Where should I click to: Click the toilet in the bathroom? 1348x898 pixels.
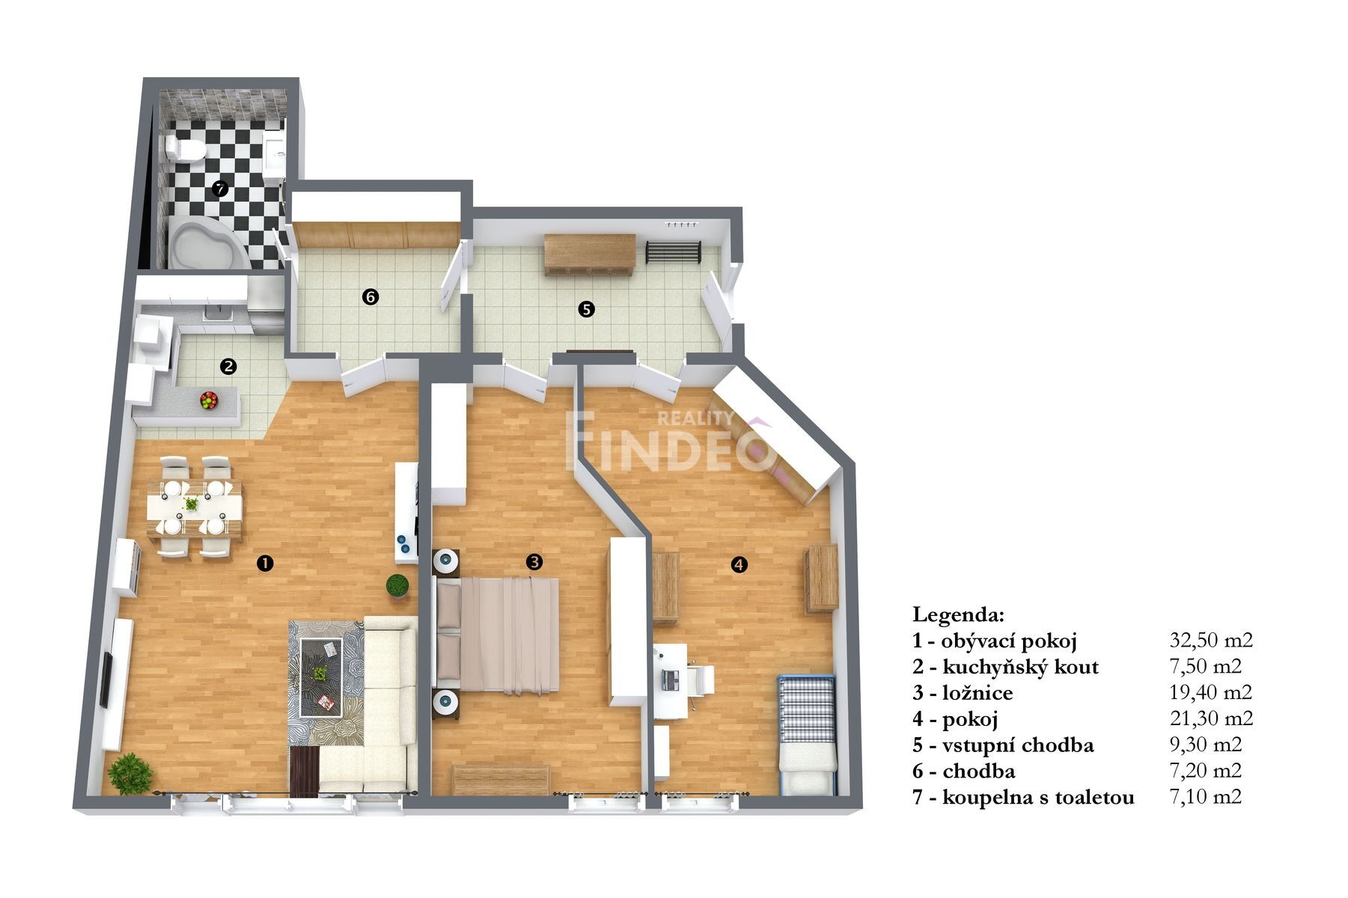[x=185, y=150]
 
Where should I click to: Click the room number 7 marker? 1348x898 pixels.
[x=219, y=189]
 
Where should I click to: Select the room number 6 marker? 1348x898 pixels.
[x=370, y=297]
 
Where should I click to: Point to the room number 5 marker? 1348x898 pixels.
[x=586, y=308]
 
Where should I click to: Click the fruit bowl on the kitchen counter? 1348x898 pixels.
[x=209, y=400]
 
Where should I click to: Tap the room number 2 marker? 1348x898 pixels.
[x=228, y=367]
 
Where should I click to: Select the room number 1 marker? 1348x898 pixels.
[x=263, y=563]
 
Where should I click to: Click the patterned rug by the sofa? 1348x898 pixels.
[x=326, y=677]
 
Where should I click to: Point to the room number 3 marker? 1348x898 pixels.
[x=534, y=561]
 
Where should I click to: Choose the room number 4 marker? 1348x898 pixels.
[x=739, y=565]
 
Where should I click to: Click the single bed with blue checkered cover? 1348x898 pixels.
[x=806, y=733]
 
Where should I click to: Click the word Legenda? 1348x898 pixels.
[x=957, y=615]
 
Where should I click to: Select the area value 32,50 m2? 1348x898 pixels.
[x=1210, y=640]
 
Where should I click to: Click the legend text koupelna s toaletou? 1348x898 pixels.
[x=1038, y=798]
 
